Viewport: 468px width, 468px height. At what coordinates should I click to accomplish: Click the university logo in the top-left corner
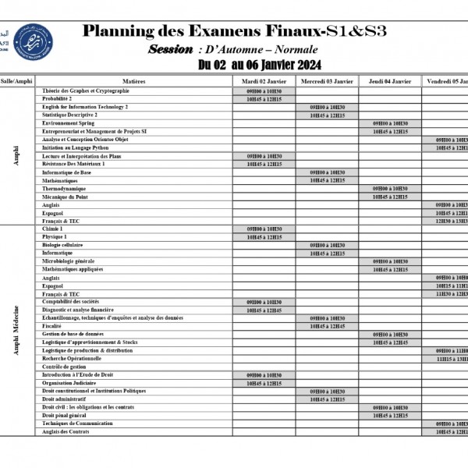[32, 41]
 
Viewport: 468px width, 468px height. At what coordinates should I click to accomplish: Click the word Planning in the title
[117, 32]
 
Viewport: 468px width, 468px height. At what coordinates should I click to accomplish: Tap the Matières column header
[133, 81]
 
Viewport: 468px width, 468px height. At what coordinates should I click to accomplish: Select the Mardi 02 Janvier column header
[264, 81]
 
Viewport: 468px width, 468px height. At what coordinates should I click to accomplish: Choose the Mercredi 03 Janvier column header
[327, 81]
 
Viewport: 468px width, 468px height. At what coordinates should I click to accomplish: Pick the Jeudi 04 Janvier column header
[390, 81]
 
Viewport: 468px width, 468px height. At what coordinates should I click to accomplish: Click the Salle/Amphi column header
[17, 81]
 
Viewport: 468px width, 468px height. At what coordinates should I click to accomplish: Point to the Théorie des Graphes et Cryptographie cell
[86, 91]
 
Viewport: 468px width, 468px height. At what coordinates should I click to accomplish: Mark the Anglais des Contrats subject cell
[66, 432]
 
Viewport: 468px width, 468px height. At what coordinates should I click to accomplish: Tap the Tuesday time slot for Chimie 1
[264, 229]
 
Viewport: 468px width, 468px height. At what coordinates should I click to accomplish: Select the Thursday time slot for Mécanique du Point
[390, 197]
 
